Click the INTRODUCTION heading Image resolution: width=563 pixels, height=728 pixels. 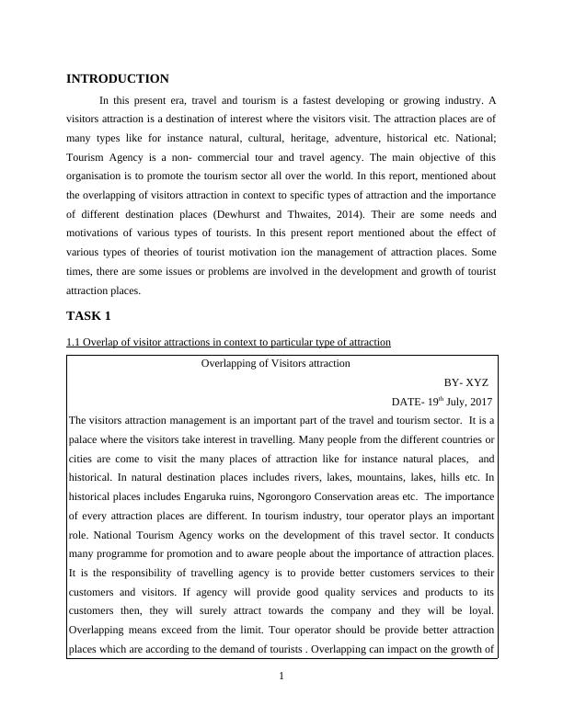[117, 79]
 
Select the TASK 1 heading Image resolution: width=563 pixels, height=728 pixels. [89, 316]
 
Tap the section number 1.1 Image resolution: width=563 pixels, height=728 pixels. [74, 342]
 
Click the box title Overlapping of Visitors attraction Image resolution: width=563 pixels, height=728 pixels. [275, 364]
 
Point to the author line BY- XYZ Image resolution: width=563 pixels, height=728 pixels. [466, 382]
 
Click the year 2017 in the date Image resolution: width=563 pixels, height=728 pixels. [478, 402]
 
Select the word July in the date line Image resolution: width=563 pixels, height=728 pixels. [449, 402]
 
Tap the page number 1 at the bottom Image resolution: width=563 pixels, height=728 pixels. [281, 677]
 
